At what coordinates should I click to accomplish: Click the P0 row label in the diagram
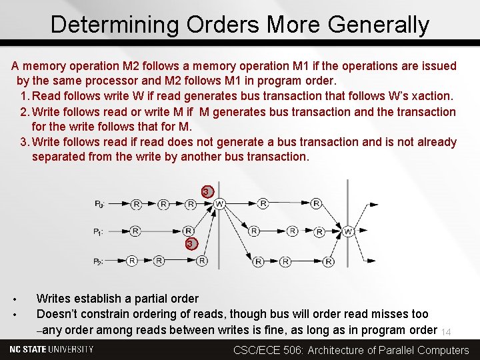click(x=99, y=203)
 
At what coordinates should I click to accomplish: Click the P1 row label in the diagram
click(x=99, y=232)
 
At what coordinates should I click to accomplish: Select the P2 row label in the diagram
click(x=99, y=261)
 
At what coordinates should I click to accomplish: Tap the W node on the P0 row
click(x=219, y=203)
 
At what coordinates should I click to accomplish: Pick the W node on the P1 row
click(x=348, y=232)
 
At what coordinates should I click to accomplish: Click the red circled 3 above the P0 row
click(x=207, y=192)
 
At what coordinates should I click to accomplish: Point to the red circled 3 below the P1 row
click(x=191, y=244)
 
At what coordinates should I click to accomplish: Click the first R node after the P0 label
click(x=136, y=203)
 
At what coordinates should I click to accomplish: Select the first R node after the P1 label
click(x=135, y=231)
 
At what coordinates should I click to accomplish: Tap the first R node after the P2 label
click(x=132, y=261)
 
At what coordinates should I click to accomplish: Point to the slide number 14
click(x=447, y=332)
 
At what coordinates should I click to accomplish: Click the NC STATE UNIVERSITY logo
click(x=52, y=349)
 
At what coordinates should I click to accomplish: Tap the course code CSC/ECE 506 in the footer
click(x=268, y=350)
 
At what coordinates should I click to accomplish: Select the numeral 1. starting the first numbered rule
click(x=25, y=96)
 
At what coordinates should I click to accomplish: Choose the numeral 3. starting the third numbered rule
click(x=25, y=142)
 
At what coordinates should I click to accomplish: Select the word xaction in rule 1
click(x=433, y=96)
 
